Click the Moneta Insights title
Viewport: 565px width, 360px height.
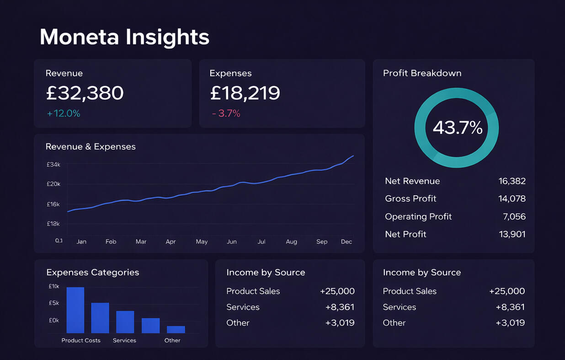click(x=124, y=37)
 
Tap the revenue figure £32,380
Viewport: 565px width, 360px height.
click(x=85, y=93)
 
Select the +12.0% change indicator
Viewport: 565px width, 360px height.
click(x=64, y=113)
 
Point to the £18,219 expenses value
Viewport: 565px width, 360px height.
click(x=245, y=93)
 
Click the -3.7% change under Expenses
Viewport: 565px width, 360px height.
click(x=226, y=113)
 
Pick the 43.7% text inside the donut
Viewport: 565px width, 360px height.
click(x=457, y=128)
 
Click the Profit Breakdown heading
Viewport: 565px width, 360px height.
click(x=422, y=73)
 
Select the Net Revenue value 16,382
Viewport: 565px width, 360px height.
click(x=512, y=181)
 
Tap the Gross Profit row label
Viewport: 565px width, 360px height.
click(x=410, y=199)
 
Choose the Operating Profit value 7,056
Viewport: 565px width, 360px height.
click(x=514, y=216)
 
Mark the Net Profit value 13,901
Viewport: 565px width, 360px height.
click(x=512, y=234)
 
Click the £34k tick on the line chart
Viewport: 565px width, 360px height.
click(x=53, y=164)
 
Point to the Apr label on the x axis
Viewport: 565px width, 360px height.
click(x=171, y=242)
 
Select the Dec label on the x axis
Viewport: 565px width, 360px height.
click(x=346, y=242)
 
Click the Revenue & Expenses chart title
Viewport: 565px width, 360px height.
click(x=91, y=147)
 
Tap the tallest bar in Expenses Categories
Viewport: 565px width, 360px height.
click(x=75, y=310)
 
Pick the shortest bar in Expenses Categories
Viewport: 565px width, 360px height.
click(x=176, y=329)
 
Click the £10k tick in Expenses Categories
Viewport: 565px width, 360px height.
click(x=54, y=286)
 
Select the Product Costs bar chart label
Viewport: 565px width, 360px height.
click(x=81, y=340)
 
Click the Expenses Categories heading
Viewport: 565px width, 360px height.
click(x=92, y=273)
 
